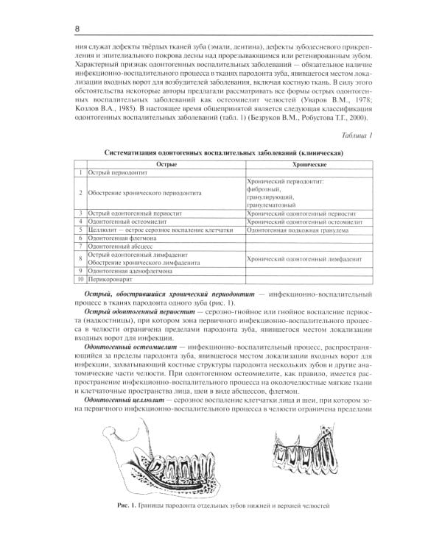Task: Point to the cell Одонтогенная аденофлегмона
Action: [129, 271]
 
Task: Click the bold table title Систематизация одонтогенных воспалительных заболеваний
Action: [222, 152]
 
